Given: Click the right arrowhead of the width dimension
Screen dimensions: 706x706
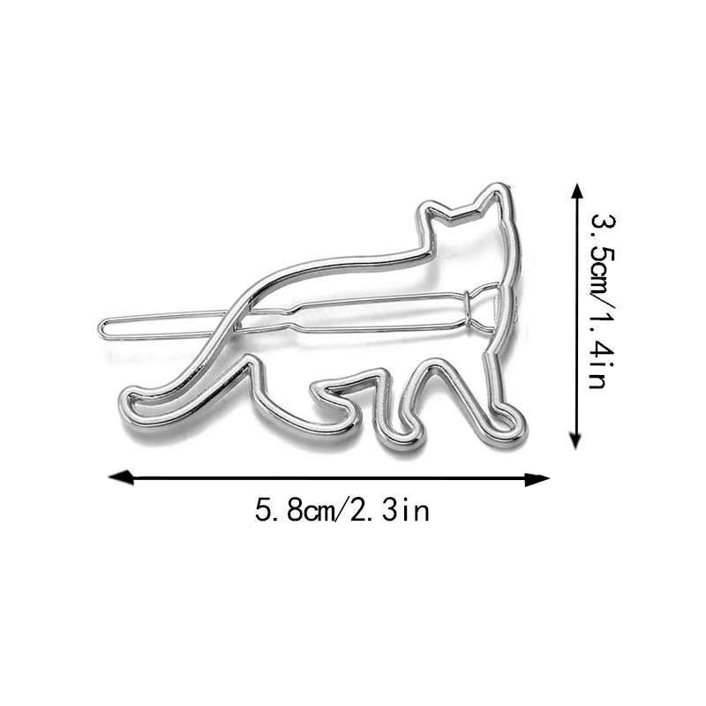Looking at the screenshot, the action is tap(537, 479).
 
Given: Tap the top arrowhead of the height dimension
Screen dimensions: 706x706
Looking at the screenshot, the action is tap(576, 196).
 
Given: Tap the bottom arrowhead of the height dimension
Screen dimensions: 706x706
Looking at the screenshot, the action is tap(575, 437).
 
